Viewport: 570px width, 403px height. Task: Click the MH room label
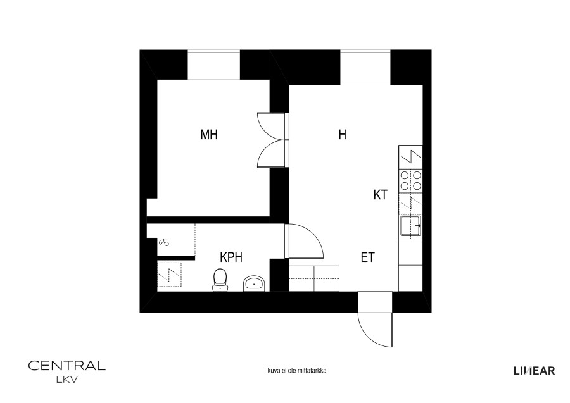coord(209,135)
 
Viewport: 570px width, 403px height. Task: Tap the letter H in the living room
coord(342,135)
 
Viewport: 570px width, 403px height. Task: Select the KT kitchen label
coord(380,195)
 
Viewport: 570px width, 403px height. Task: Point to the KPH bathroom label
coord(231,257)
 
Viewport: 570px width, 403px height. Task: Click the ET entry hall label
coord(367,257)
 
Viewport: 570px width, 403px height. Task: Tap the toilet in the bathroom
coord(220,280)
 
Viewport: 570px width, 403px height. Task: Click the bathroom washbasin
coord(255,283)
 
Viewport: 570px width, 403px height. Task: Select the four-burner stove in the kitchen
coord(411,181)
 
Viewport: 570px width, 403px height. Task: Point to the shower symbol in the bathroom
coord(165,242)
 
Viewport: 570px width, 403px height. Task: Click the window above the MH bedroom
coord(214,65)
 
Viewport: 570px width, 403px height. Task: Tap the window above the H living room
coord(365,68)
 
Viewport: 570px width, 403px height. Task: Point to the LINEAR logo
coord(534,371)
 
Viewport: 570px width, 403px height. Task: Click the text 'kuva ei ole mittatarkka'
coord(296,371)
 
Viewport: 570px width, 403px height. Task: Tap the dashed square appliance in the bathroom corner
coord(169,275)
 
